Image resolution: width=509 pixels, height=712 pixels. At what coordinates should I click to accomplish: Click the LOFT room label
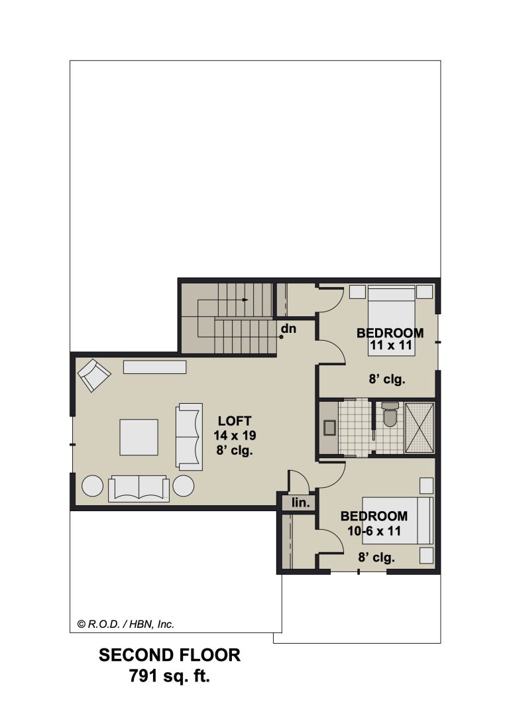pyautogui.click(x=235, y=421)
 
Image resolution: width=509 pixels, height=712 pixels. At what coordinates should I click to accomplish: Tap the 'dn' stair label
pyautogui.click(x=289, y=328)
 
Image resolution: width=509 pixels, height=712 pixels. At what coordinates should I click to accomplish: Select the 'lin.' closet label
pyautogui.click(x=301, y=503)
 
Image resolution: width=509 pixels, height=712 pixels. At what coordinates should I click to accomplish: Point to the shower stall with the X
pyautogui.click(x=419, y=428)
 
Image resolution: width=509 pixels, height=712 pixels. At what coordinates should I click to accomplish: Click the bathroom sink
pyautogui.click(x=329, y=428)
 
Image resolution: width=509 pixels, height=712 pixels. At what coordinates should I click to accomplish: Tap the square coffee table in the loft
pyautogui.click(x=139, y=437)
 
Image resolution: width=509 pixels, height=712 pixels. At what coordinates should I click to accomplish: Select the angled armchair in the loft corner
pyautogui.click(x=95, y=375)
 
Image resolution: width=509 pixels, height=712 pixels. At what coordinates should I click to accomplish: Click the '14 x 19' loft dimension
pyautogui.click(x=235, y=436)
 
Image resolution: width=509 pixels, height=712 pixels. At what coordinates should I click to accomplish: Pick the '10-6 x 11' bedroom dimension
pyautogui.click(x=374, y=530)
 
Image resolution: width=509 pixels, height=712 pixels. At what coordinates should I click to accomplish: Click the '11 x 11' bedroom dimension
pyautogui.click(x=390, y=345)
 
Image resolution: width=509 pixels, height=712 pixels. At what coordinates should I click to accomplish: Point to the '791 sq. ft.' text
pyautogui.click(x=170, y=676)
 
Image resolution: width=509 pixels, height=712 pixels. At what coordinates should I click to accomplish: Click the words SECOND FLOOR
pyautogui.click(x=170, y=655)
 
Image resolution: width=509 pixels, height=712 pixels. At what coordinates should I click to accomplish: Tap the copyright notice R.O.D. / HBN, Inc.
pyautogui.click(x=126, y=624)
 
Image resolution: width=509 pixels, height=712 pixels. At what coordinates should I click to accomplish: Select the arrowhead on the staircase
pyautogui.click(x=245, y=300)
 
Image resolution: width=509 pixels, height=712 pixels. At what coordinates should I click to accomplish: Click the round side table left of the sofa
pyautogui.click(x=93, y=486)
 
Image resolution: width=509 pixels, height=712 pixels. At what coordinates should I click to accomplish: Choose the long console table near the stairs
pyautogui.click(x=155, y=367)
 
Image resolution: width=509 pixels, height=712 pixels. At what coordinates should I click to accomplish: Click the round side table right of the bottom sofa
pyautogui.click(x=184, y=486)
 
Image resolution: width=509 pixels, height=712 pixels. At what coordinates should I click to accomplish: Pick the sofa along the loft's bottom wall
pyautogui.click(x=139, y=489)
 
